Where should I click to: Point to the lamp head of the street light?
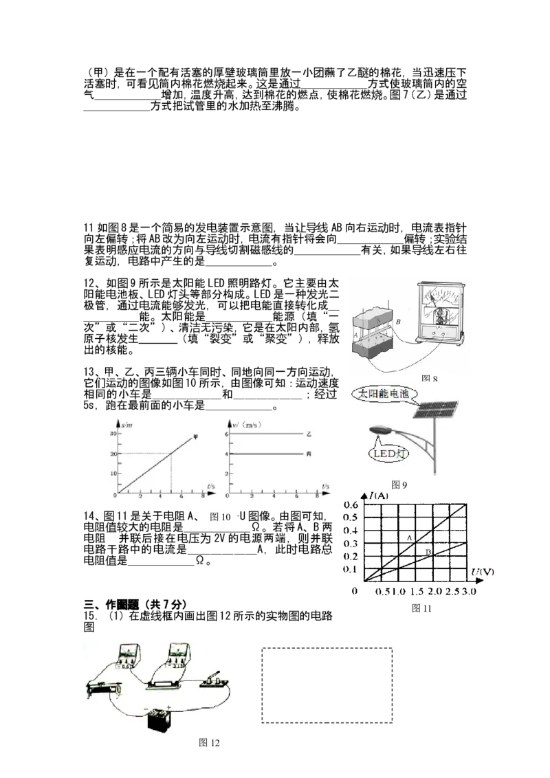[380, 430]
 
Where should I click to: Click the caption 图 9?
[399, 485]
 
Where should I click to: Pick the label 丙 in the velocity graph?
[309, 455]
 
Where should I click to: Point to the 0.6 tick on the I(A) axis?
[351, 505]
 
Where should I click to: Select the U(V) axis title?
[484, 572]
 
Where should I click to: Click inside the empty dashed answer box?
[327, 684]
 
